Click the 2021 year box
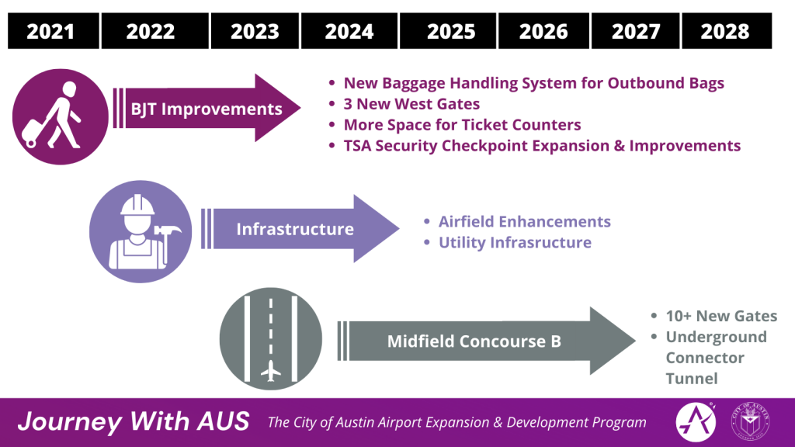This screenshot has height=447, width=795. point(50,31)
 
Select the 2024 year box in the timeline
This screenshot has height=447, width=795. point(349,31)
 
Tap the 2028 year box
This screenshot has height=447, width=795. point(725,31)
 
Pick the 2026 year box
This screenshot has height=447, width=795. point(543,31)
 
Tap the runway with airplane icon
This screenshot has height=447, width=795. point(270,341)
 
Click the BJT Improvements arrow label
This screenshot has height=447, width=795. point(206,109)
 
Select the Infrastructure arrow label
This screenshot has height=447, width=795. point(295,229)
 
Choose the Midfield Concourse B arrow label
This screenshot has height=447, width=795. point(474,341)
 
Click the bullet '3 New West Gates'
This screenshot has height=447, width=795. point(411,104)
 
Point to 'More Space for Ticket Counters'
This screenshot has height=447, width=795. point(462,125)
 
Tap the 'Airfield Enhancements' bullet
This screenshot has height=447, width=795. point(524,222)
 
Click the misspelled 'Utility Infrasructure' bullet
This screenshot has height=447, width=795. point(515,243)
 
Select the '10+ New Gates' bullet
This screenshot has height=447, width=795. point(720,316)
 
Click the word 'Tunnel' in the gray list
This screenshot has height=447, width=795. point(692,379)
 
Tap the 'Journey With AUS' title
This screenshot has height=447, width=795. point(134,422)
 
